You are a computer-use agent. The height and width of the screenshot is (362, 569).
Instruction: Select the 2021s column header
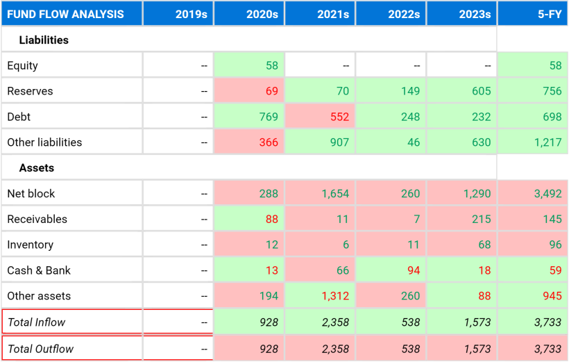point(333,14)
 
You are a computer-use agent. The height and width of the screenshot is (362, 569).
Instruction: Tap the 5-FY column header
point(550,14)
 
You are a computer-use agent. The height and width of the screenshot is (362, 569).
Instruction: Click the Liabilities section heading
point(44,40)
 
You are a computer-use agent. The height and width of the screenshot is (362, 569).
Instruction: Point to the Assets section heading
point(36,168)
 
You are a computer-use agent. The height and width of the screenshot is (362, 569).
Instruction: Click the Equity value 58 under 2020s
point(272,65)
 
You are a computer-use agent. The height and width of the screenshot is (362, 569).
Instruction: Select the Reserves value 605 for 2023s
point(481,91)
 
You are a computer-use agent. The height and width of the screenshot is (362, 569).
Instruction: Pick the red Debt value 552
point(339,117)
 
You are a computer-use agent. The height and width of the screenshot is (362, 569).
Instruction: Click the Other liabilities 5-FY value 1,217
point(548,142)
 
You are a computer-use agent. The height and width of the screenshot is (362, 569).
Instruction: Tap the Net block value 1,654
point(335,193)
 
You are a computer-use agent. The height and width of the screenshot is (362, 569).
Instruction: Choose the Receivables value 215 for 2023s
point(481,219)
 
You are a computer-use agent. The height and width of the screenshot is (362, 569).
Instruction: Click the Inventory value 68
point(484,245)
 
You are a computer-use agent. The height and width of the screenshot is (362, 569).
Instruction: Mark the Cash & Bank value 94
point(414,270)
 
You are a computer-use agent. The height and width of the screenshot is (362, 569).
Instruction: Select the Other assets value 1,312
point(335,296)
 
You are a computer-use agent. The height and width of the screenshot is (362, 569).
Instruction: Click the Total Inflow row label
point(36,322)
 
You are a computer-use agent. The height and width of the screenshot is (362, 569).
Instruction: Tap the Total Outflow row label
point(41,349)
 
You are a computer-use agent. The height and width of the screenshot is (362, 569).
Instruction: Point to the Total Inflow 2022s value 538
point(410,322)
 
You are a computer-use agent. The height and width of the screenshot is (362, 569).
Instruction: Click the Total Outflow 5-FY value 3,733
point(548,349)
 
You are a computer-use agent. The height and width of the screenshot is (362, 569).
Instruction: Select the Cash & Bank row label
point(39,270)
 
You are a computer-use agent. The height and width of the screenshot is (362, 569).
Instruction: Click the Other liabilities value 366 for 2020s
point(269,142)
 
